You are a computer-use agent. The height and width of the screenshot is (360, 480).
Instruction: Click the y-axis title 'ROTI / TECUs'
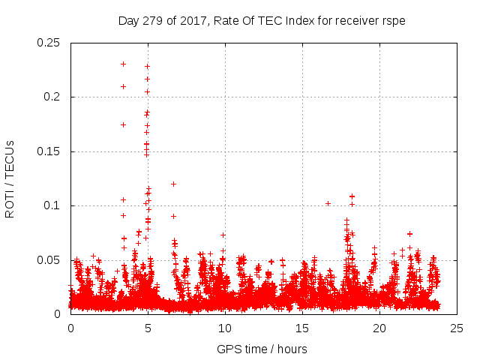coord(10,178)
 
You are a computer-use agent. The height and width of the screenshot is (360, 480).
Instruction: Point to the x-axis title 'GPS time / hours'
coord(262,349)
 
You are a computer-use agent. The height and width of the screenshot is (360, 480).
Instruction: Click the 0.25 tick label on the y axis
coord(49,43)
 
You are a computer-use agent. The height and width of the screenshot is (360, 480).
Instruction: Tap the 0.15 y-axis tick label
coord(49,151)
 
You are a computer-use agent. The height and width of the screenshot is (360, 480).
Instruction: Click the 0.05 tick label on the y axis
coord(49,260)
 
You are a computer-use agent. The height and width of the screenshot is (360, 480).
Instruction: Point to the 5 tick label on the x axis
coord(148,328)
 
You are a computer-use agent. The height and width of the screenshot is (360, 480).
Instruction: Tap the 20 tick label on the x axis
coord(380,328)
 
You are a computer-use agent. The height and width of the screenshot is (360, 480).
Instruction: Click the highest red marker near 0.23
coord(123,64)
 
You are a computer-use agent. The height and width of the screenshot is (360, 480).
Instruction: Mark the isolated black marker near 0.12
coord(173,184)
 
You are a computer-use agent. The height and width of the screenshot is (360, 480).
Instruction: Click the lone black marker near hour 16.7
coord(328,203)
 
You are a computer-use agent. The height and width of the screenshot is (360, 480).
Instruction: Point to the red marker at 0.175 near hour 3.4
coord(123,124)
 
